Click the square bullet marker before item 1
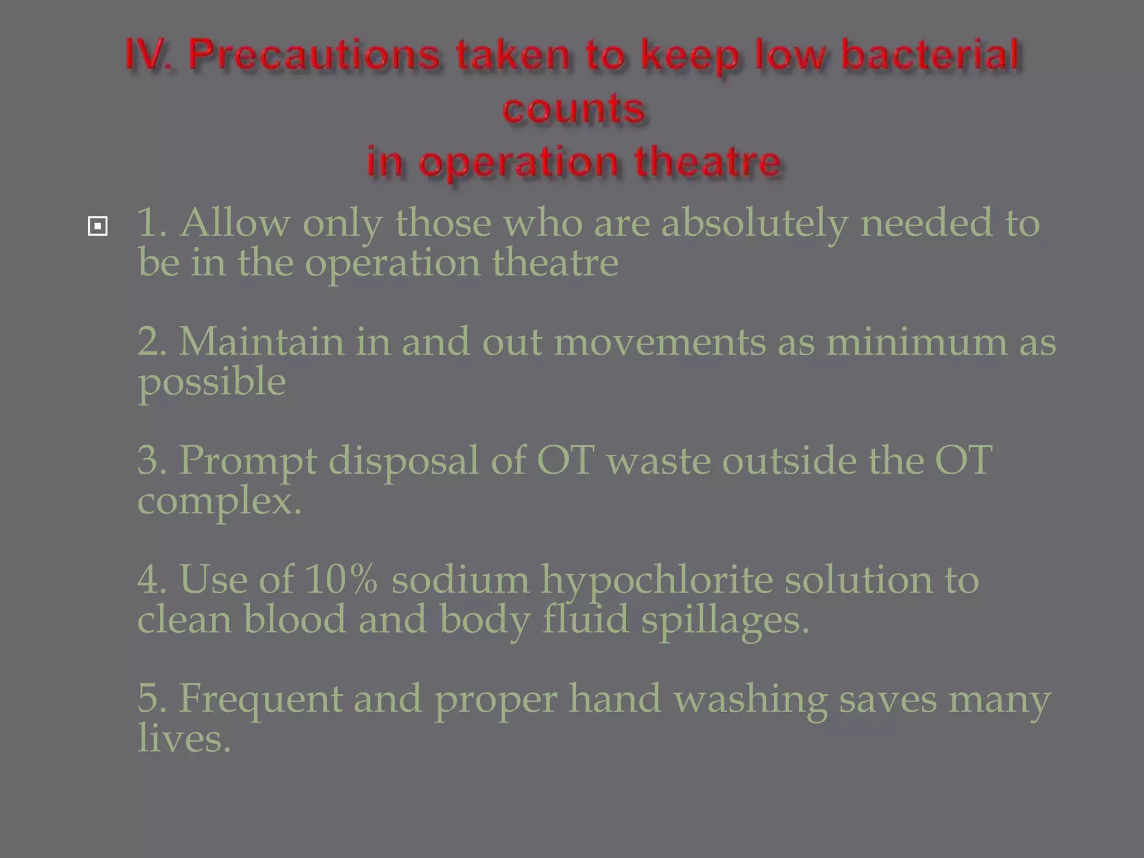[x=98, y=226]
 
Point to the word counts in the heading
[x=573, y=108]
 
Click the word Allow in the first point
[x=235, y=222]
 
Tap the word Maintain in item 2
[x=261, y=341]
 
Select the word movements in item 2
[x=660, y=341]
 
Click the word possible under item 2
[x=212, y=383]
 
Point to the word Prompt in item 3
[x=247, y=461]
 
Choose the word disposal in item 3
[x=403, y=460]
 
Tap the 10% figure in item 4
[x=341, y=579]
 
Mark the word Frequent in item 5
[x=260, y=699]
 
